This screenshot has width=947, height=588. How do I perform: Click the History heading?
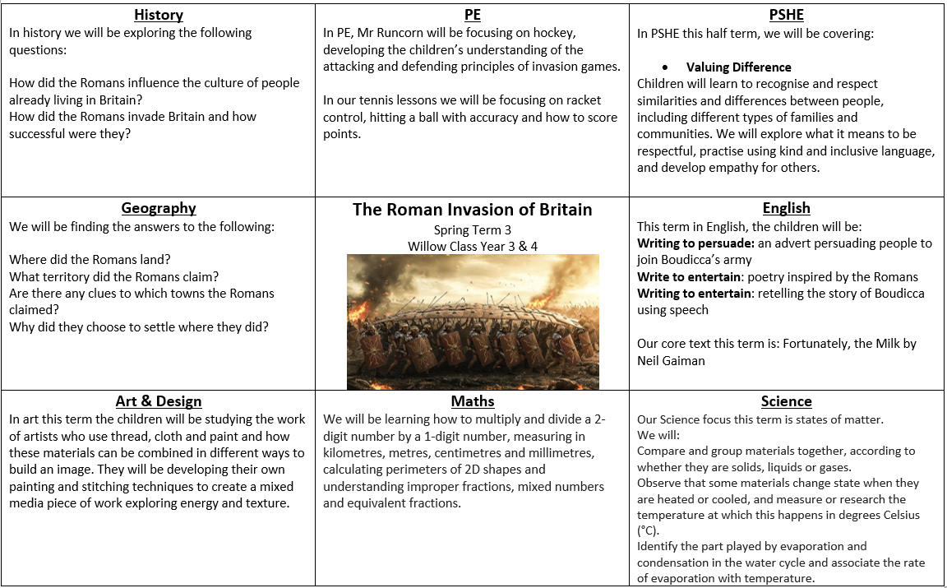[159, 16]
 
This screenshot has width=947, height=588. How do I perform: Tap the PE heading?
[473, 16]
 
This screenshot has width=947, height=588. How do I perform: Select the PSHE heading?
[787, 16]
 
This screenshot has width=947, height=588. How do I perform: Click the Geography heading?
[159, 208]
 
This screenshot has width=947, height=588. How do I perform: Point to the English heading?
[787, 208]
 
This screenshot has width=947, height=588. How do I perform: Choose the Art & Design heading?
[159, 401]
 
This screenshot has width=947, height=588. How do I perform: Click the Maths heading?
[473, 401]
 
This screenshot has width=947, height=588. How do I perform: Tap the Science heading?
[787, 401]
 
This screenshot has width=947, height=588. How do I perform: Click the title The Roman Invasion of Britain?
[473, 209]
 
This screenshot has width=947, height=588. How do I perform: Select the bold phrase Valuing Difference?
[739, 67]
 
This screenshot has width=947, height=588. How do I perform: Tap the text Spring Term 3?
[473, 230]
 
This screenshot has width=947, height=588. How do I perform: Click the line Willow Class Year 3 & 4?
[473, 246]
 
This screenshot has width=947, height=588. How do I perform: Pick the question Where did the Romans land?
[90, 260]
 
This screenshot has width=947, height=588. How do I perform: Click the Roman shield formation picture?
[473, 321]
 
